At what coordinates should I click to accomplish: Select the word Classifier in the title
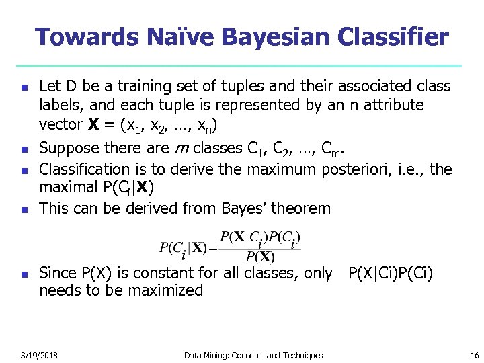[x=395, y=36]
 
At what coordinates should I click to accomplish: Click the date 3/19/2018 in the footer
[x=39, y=355]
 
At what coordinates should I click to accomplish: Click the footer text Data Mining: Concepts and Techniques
[x=253, y=355]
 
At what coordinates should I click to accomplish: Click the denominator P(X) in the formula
[x=259, y=257]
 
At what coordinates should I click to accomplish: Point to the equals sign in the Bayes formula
[x=214, y=247]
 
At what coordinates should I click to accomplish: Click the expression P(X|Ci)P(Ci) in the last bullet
[x=390, y=273]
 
